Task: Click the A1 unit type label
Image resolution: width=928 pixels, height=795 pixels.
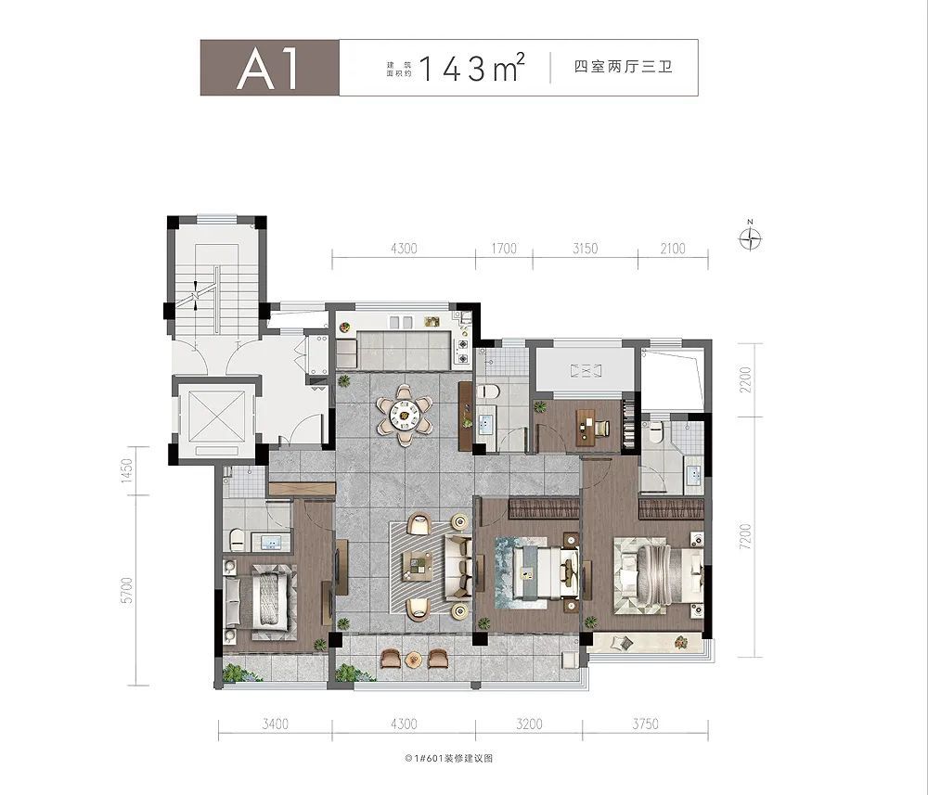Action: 268,69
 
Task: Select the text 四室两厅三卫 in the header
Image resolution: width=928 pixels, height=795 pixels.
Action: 623,69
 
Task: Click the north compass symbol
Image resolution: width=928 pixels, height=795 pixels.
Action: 750,239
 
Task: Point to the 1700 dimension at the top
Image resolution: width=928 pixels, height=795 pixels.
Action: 502,249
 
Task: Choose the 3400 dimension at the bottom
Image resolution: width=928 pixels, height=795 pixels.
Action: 277,724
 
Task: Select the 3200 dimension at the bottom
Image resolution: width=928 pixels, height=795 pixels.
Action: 527,724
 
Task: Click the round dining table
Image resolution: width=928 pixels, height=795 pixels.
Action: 405,413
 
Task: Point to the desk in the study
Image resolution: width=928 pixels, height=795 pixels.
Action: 586,425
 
